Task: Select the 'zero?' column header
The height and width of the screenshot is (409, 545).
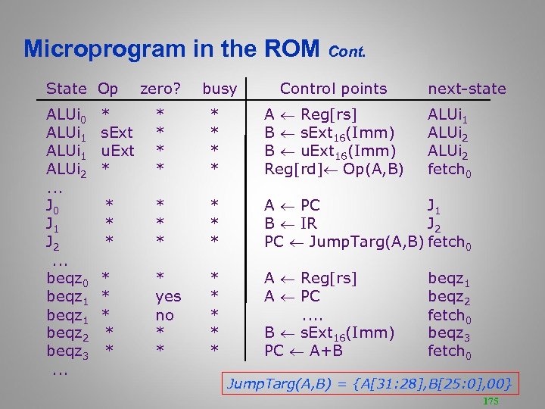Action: (x=160, y=89)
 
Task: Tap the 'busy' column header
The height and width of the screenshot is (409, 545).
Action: (x=220, y=89)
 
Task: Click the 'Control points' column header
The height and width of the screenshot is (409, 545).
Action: (x=333, y=89)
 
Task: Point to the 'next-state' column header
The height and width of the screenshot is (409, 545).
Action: (x=466, y=89)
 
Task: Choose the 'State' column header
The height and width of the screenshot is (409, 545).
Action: (x=67, y=89)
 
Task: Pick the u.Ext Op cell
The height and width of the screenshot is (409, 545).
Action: (x=117, y=151)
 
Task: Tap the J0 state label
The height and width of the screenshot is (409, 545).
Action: (x=54, y=206)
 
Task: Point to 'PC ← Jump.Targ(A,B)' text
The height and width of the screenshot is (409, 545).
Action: (x=344, y=242)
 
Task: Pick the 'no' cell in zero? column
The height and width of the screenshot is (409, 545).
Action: (x=164, y=315)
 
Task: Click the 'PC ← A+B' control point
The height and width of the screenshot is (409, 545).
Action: (x=303, y=351)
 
